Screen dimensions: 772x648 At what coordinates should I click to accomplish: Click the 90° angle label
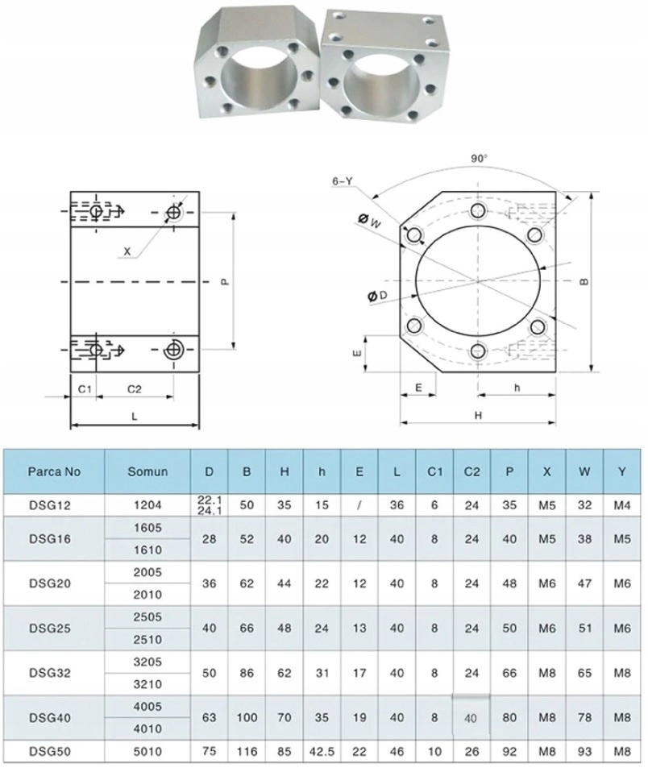tap(480, 160)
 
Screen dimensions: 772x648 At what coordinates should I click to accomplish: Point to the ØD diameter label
tap(377, 297)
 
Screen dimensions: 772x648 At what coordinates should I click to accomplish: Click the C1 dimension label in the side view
tap(84, 389)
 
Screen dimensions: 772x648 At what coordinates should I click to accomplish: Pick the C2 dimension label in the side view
tap(135, 389)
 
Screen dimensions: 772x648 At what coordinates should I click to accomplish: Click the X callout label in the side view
tap(127, 252)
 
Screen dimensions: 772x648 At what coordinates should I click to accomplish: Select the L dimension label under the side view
tap(134, 417)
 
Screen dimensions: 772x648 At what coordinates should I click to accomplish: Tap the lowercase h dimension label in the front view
tap(517, 388)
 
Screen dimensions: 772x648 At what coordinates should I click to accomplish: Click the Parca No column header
tap(53, 471)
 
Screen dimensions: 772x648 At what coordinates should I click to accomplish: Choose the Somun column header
tap(147, 471)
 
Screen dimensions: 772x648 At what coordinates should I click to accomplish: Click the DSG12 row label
tap(53, 505)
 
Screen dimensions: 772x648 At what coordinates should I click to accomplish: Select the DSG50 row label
tap(53, 751)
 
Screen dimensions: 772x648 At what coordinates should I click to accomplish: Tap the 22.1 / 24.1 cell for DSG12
tap(210, 505)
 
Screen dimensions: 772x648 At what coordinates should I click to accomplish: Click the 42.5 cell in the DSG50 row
tap(322, 751)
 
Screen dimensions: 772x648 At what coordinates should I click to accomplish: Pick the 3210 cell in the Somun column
tap(147, 684)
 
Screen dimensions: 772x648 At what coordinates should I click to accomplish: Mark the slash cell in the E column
tap(359, 505)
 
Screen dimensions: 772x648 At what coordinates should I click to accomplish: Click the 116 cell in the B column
tap(247, 751)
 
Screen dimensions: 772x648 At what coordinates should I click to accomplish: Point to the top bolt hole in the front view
tap(479, 210)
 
